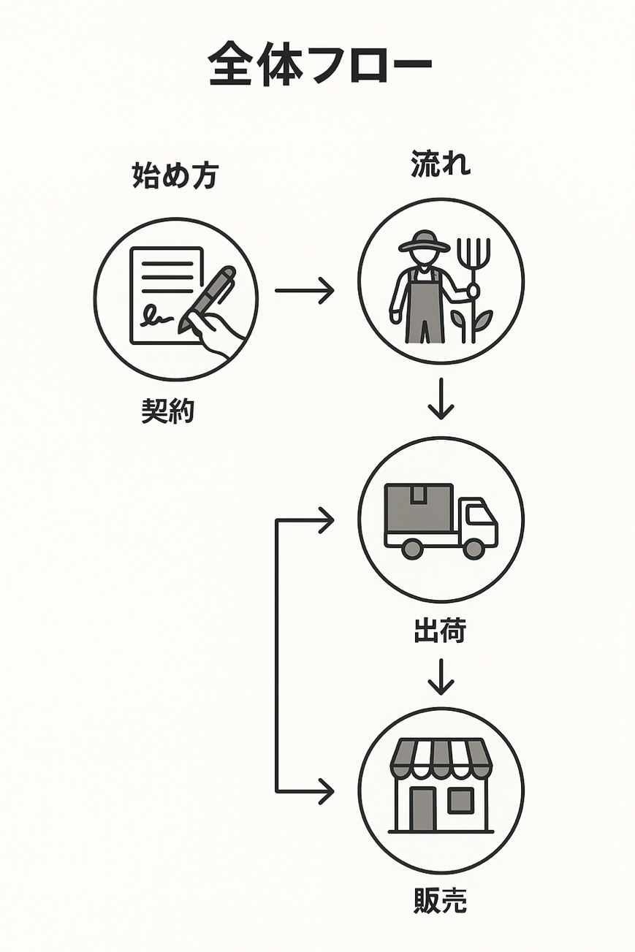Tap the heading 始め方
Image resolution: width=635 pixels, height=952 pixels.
click(x=175, y=176)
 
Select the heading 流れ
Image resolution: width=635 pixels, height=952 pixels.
click(x=441, y=164)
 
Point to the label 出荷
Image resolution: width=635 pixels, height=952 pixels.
click(x=440, y=632)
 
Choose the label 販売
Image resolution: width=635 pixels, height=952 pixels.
click(x=440, y=901)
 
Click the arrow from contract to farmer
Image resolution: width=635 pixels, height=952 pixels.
click(x=304, y=291)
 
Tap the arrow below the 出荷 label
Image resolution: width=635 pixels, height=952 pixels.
click(x=441, y=677)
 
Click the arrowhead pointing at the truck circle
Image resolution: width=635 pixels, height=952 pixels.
click(x=325, y=520)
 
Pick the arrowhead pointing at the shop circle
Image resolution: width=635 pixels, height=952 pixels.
click(x=325, y=791)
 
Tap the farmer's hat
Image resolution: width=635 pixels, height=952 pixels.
click(x=424, y=242)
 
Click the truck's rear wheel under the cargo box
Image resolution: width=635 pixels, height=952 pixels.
click(x=412, y=549)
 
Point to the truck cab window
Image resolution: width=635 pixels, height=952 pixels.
click(x=479, y=514)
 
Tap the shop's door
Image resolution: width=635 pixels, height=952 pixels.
click(x=422, y=809)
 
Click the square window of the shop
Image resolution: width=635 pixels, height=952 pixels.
click(x=460, y=801)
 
